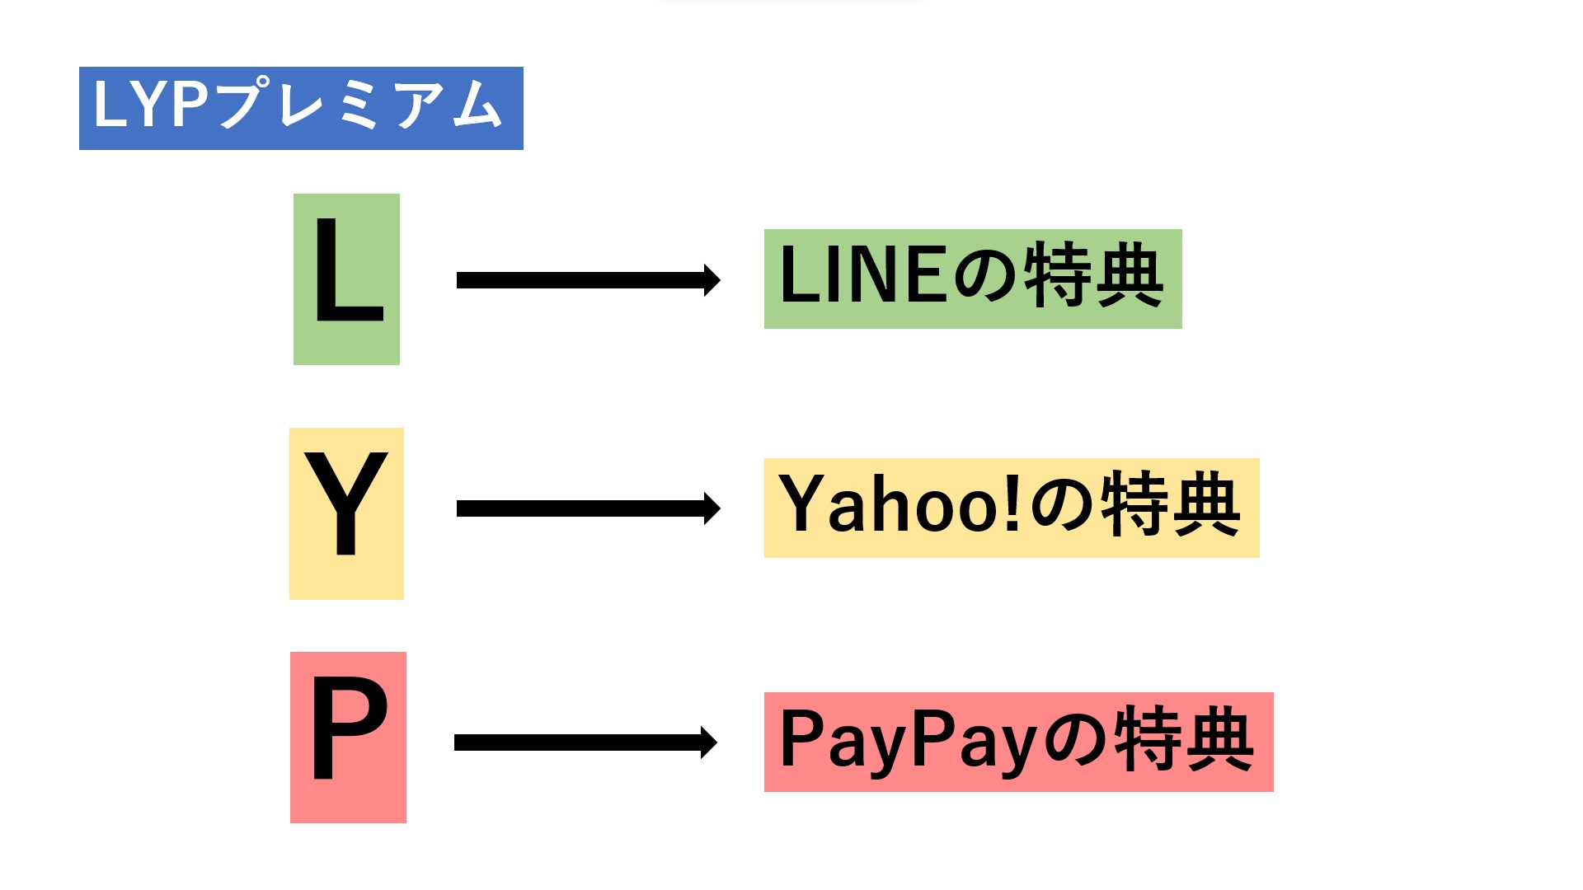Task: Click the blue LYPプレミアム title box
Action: pyautogui.click(x=301, y=108)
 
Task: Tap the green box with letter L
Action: pyautogui.click(x=346, y=279)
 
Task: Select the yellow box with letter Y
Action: pyautogui.click(x=346, y=513)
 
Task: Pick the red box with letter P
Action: pyautogui.click(x=348, y=738)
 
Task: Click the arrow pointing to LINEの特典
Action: pyautogui.click(x=585, y=280)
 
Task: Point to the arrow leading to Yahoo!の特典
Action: pyautogui.click(x=585, y=508)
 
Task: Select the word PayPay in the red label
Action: pyautogui.click(x=907, y=739)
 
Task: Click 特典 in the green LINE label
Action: pyautogui.click(x=1093, y=276)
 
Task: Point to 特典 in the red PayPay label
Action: pyautogui.click(x=1184, y=739)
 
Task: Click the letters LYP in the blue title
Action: pyautogui.click(x=149, y=105)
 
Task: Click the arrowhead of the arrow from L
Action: pyautogui.click(x=712, y=280)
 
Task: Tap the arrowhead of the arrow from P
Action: pyautogui.click(x=708, y=742)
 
